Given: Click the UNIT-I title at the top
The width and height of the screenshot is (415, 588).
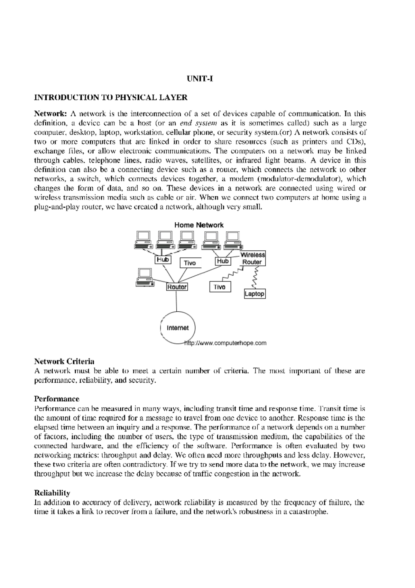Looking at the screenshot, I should [200, 79].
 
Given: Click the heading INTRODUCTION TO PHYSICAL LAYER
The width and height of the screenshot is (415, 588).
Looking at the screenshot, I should [110, 97].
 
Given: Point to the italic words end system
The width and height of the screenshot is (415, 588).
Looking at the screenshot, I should [199, 123].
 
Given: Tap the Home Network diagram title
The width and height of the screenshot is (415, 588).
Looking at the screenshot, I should [199, 225].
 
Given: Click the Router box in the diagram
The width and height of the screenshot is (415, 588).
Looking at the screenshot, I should [177, 287].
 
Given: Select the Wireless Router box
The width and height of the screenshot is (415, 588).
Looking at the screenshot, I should [253, 258].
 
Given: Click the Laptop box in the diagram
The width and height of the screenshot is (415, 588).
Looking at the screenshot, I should [255, 294].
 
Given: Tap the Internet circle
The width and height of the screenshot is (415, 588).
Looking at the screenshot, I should [178, 328].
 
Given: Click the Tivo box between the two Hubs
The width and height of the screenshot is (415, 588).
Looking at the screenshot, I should [190, 263].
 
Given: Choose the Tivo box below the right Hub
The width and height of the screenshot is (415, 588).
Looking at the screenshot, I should [220, 287].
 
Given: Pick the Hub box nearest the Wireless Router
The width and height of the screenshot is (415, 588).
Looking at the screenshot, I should [223, 261].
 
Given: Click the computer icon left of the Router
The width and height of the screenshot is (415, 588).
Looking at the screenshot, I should [145, 277].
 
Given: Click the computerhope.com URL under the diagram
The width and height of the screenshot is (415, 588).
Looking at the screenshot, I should [226, 343].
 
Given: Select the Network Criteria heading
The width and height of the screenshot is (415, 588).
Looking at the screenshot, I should [64, 362].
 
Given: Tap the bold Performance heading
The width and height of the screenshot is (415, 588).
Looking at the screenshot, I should [57, 399].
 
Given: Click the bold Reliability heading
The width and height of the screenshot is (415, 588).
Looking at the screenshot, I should [52, 492].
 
